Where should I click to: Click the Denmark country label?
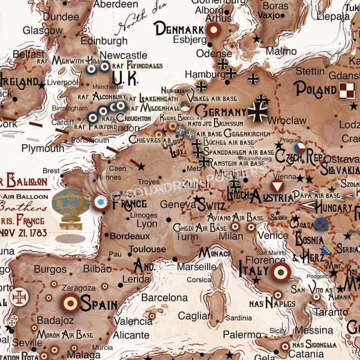click(x=178, y=29)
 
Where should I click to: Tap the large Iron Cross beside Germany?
click(x=260, y=111)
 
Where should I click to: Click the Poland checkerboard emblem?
click(x=347, y=90)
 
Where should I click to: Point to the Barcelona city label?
click(x=164, y=298)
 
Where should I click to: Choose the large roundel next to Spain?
click(x=70, y=303)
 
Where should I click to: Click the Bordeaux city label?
click(x=130, y=236)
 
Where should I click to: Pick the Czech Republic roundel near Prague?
click(x=299, y=147)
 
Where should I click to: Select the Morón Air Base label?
click(x=65, y=334)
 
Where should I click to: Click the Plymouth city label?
click(x=43, y=148)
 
